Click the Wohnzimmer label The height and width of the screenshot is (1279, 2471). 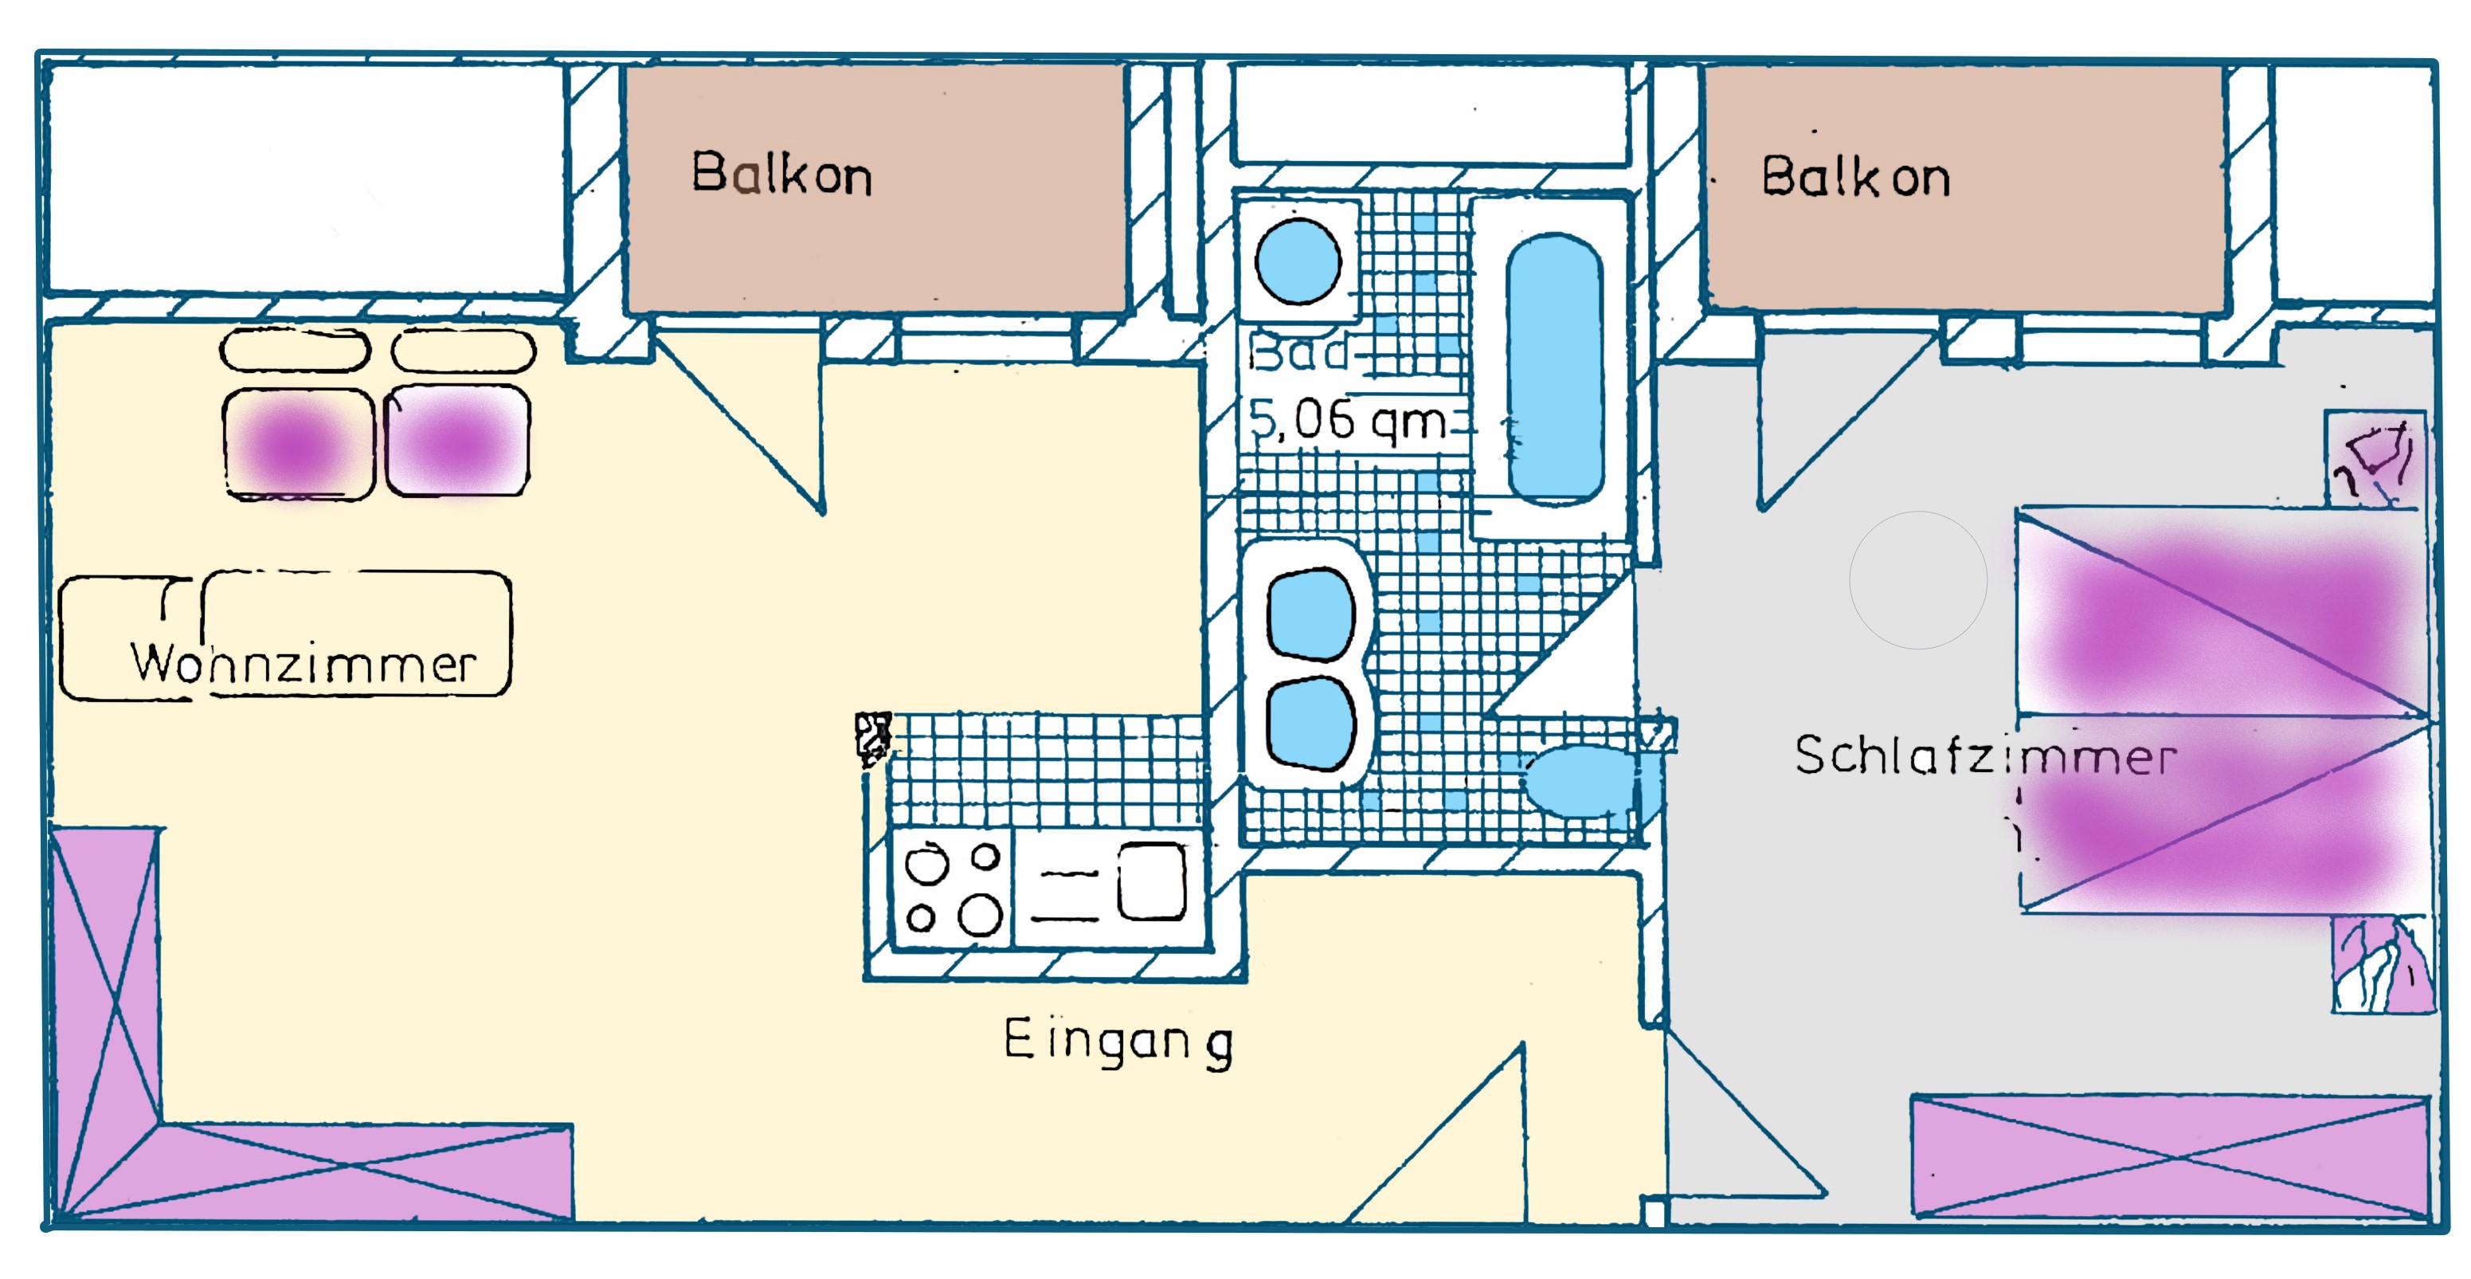click(x=303, y=663)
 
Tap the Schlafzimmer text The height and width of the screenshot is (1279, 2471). click(x=1986, y=755)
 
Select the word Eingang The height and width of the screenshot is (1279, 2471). click(x=1118, y=1042)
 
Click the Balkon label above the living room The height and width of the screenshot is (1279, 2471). click(x=781, y=174)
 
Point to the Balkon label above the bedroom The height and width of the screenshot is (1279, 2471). click(x=1856, y=177)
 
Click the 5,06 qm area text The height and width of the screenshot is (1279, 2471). click(x=1348, y=419)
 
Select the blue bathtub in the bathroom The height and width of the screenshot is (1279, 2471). click(x=1555, y=368)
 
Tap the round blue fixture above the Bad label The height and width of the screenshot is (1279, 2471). click(x=1298, y=261)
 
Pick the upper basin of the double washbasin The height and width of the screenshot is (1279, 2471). click(x=1310, y=614)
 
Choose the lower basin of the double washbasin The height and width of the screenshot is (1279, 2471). click(x=1310, y=724)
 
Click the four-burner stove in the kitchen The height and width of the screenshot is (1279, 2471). click(x=953, y=889)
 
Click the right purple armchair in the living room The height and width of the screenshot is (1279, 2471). click(x=457, y=441)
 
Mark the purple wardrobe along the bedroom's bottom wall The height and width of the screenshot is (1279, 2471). click(x=2171, y=1158)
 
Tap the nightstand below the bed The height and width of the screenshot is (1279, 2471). click(x=2383, y=964)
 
